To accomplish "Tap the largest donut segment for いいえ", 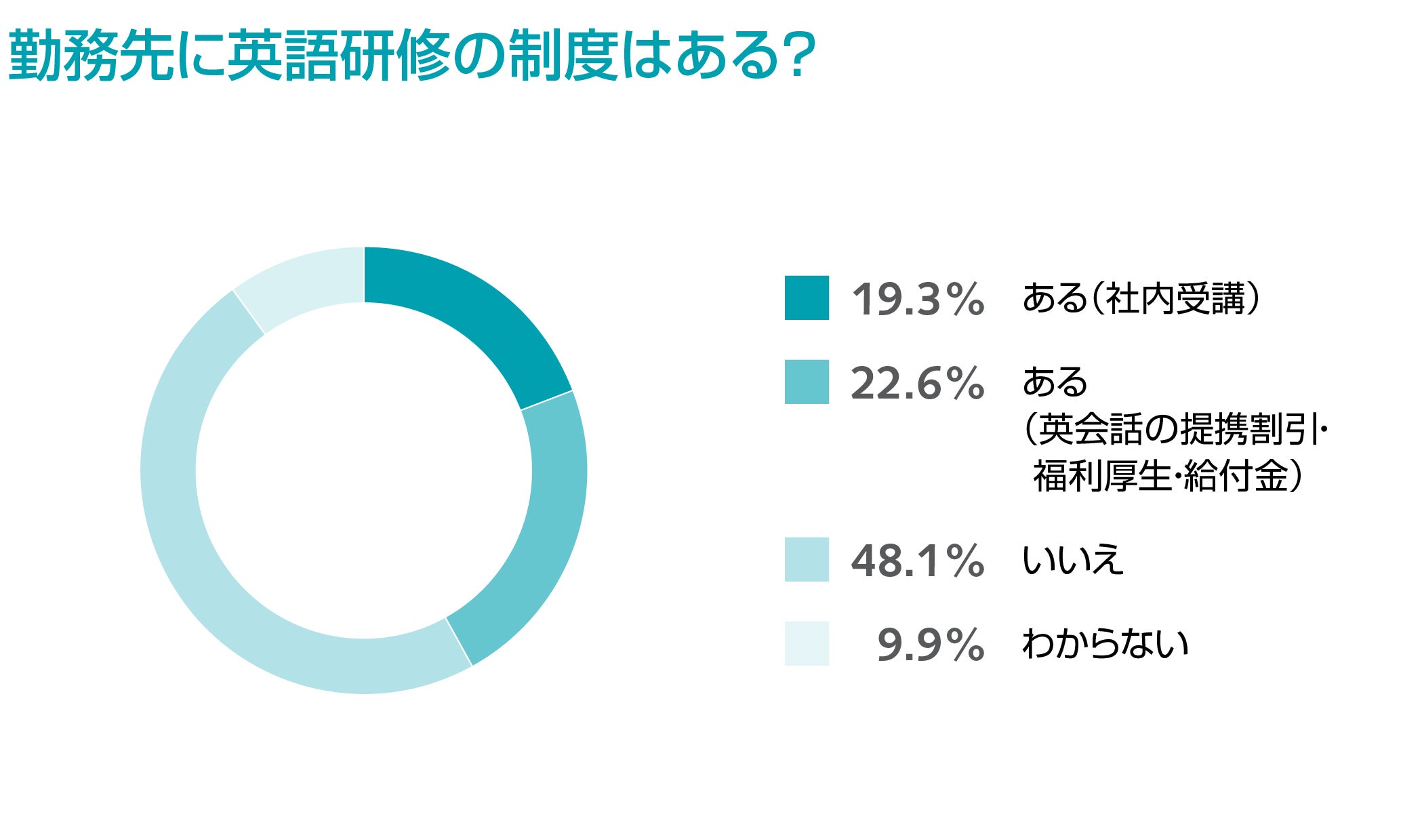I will pyautogui.click(x=203, y=542).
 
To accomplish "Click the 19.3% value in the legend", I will pyautogui.click(x=917, y=299).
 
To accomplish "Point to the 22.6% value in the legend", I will pyautogui.click(x=917, y=383).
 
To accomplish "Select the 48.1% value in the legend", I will pyautogui.click(x=917, y=561).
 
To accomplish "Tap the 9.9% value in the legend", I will pyautogui.click(x=930, y=645).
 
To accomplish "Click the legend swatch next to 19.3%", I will pyautogui.click(x=807, y=298).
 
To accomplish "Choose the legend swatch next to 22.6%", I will pyautogui.click(x=807, y=382).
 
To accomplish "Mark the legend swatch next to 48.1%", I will pyautogui.click(x=807, y=559).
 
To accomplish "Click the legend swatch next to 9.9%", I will pyautogui.click(x=807, y=643).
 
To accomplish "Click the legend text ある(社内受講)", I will pyautogui.click(x=1141, y=298).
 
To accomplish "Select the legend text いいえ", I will pyautogui.click(x=1072, y=560).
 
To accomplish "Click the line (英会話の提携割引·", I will pyautogui.click(x=1175, y=429).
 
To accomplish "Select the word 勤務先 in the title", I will pyautogui.click(x=91, y=56).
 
